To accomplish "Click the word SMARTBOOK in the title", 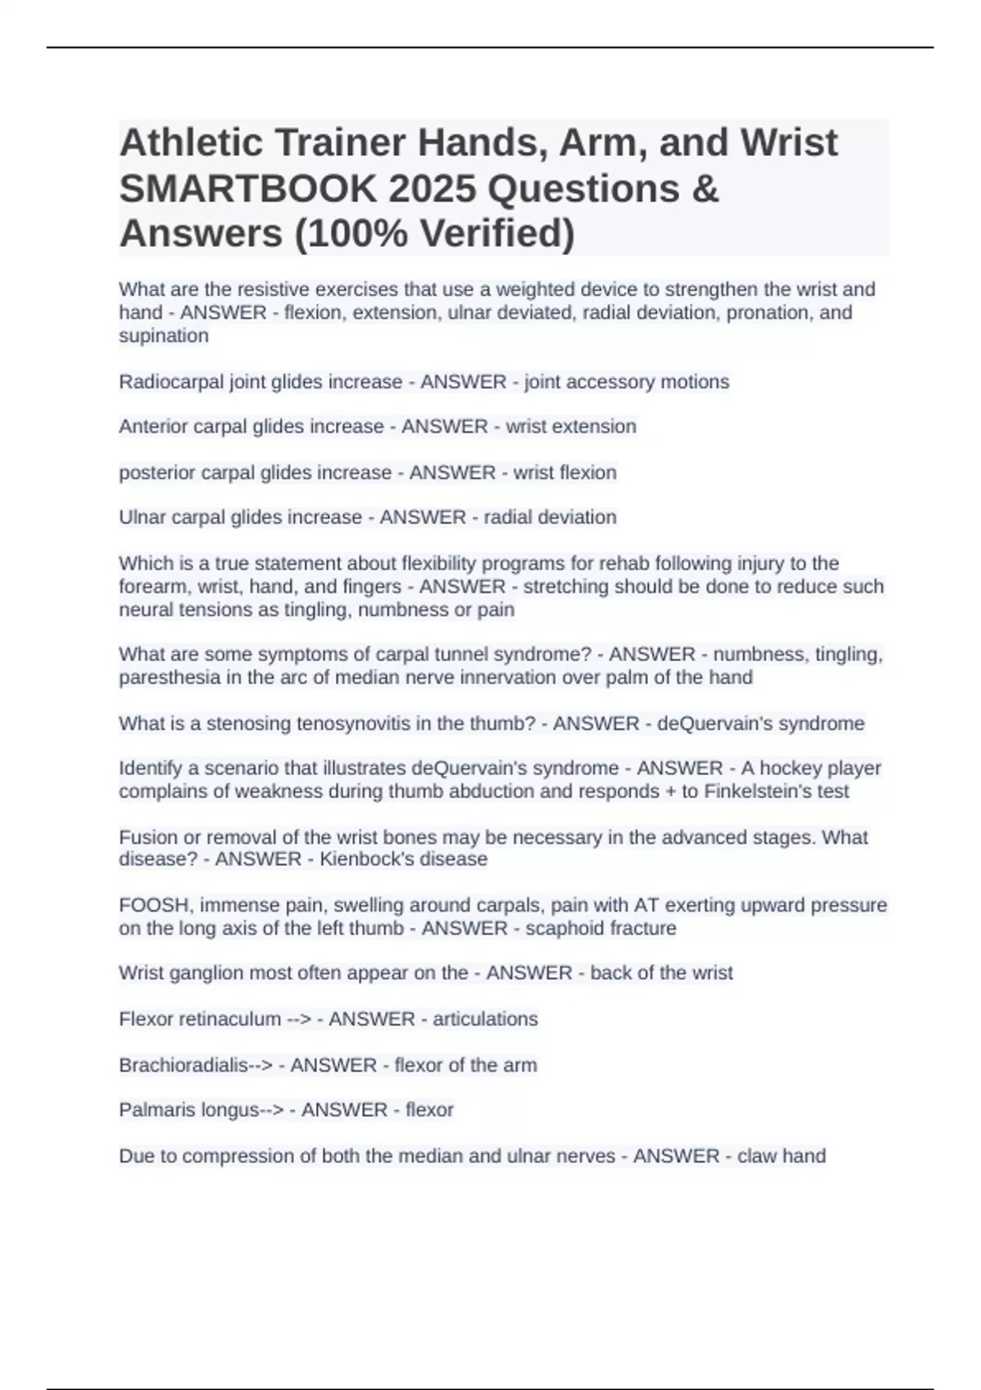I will [247, 189].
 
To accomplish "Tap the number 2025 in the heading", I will [432, 189].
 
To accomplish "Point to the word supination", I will [163, 336].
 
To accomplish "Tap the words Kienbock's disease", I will [403, 859].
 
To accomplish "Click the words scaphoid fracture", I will [601, 929].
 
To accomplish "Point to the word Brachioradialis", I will [184, 1065].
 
